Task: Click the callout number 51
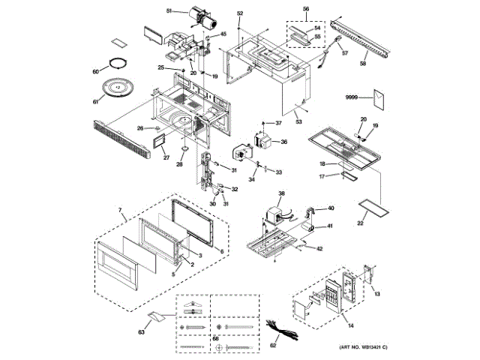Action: [x=169, y=10]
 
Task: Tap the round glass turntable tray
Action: [x=118, y=88]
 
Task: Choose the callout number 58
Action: [x=363, y=64]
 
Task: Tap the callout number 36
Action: [x=283, y=142]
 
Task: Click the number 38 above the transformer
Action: [x=281, y=193]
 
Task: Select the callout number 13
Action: [x=378, y=294]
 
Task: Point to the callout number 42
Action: [x=319, y=248]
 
